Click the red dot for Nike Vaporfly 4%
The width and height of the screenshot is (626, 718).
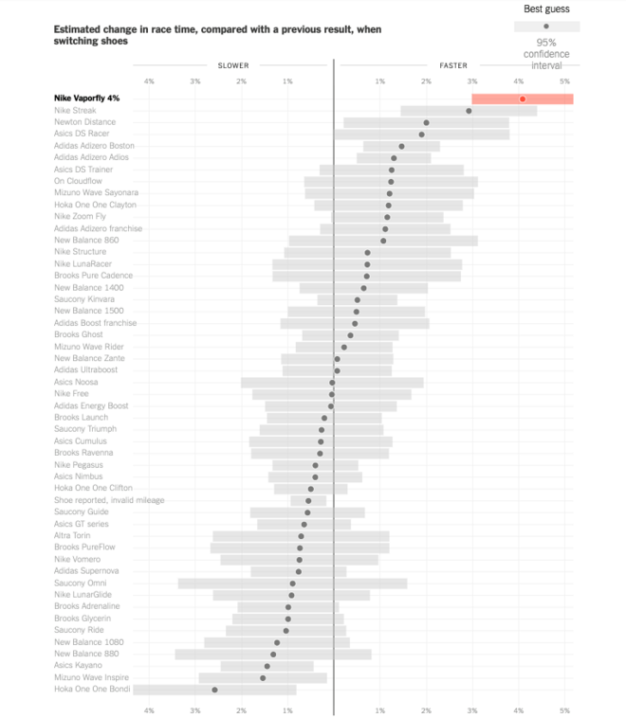[522, 99]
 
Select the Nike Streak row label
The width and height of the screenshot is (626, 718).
[75, 111]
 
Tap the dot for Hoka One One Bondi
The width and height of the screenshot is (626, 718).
[214, 690]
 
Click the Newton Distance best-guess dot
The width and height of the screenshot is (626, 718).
[426, 122]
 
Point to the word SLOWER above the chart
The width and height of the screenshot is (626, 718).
[233, 65]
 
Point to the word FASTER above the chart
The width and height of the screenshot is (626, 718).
[452, 65]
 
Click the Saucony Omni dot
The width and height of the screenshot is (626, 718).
[292, 583]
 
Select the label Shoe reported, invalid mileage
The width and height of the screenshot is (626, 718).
[109, 500]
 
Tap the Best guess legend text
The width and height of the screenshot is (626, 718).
[546, 9]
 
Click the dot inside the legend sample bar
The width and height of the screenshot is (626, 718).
[546, 27]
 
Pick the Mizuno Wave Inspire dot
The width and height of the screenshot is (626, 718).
[263, 678]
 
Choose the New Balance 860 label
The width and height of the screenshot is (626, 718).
[86, 241]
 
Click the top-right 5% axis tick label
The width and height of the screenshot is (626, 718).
[564, 81]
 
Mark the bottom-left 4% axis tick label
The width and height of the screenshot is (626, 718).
[149, 709]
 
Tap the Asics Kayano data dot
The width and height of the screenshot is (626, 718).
[267, 666]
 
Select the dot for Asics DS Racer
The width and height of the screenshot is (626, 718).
[421, 135]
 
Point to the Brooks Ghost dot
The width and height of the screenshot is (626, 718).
[350, 335]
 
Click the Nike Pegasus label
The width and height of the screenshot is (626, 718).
[79, 465]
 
